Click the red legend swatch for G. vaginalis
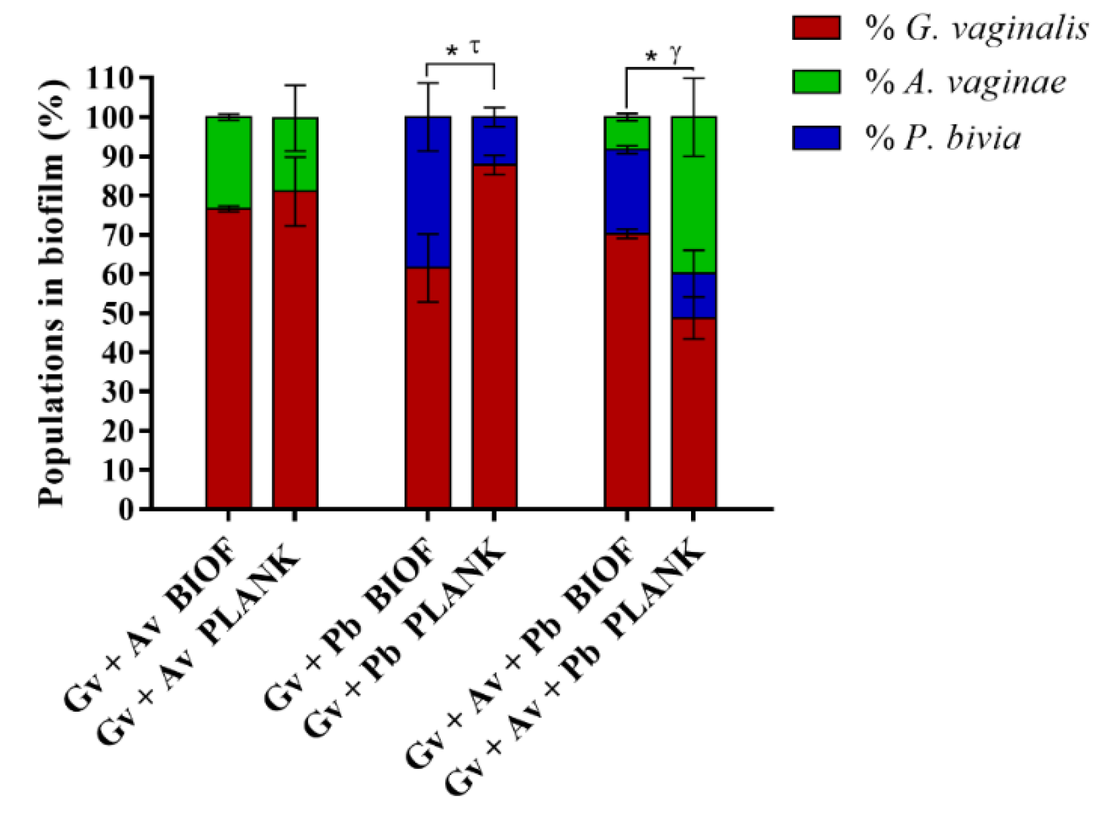pos(815,28)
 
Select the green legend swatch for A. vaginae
pos(815,82)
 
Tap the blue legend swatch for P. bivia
pos(815,138)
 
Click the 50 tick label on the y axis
pos(117,313)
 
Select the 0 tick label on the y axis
pos(126,509)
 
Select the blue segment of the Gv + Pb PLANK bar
pos(494,141)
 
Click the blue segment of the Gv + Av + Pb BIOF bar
pos(627,191)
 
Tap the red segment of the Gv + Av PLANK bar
pos(295,349)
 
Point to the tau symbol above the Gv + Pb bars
pos(475,47)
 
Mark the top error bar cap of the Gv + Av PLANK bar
pos(295,85)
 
